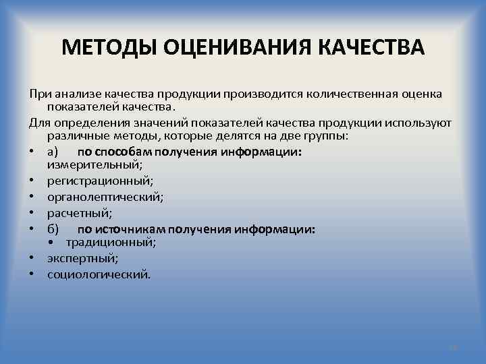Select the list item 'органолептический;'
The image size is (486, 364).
pyautogui.click(x=105, y=198)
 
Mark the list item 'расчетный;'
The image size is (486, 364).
pyautogui.click(x=80, y=214)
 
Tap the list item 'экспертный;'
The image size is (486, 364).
pyautogui.click(x=83, y=258)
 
